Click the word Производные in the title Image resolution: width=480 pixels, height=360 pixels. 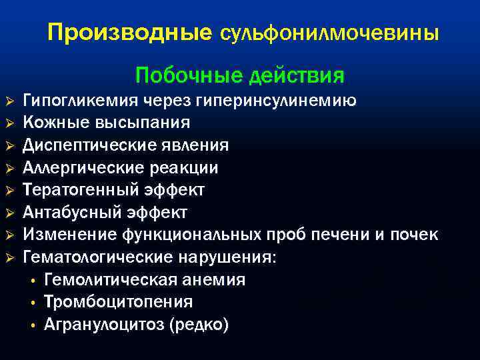129,33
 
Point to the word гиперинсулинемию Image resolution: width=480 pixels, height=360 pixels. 276,101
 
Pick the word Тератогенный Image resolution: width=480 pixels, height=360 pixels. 83,190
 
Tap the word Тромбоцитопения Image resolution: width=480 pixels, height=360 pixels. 119,302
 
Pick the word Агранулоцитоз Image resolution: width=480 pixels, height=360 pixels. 105,325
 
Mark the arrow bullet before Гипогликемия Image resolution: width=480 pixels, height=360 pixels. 9,101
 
